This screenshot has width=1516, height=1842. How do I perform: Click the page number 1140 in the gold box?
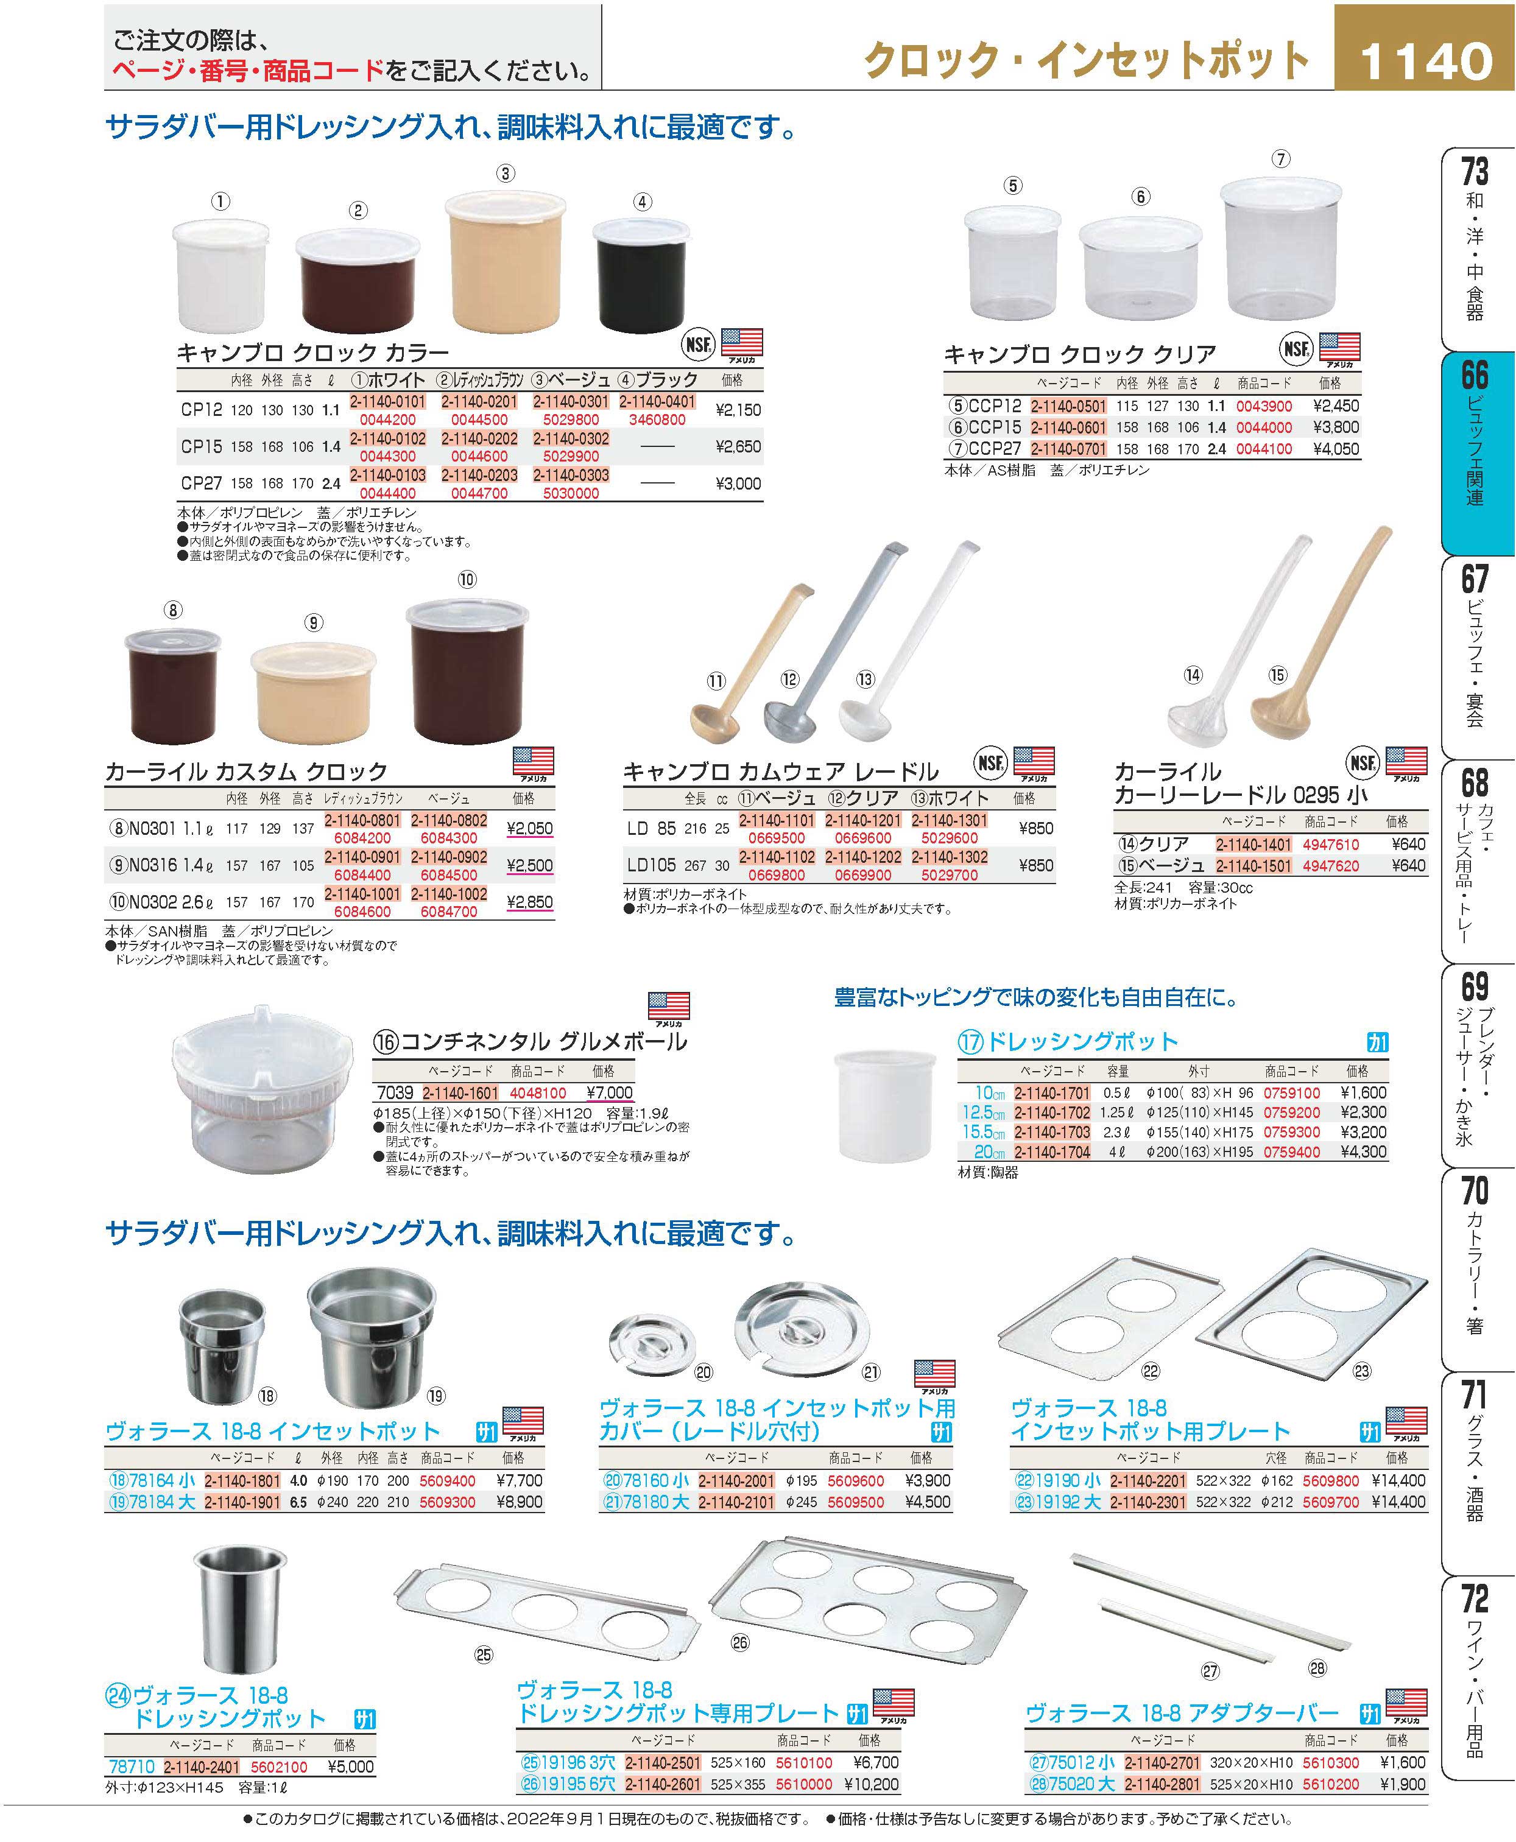coord(1426,61)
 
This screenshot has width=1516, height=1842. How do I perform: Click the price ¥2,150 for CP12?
coord(738,409)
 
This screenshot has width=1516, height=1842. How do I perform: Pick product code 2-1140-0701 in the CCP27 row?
coord(1068,449)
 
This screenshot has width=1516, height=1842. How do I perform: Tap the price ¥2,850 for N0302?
coord(529,902)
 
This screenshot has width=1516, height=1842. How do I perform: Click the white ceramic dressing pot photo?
coord(886,1109)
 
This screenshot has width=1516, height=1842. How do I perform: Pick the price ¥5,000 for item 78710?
coord(350,1767)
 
